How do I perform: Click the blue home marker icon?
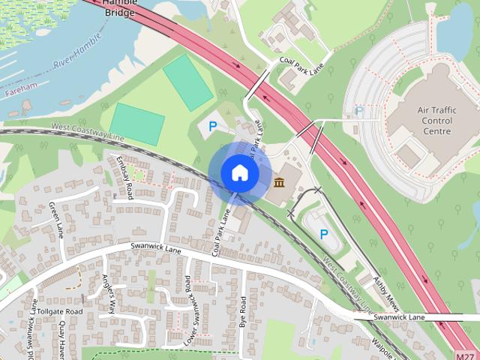[x=239, y=172]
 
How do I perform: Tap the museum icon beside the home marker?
[x=279, y=183]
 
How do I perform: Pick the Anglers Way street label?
[x=109, y=293]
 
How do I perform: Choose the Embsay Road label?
[x=124, y=176]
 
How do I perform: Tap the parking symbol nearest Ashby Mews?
[x=324, y=234]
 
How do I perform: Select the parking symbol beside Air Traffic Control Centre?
[x=358, y=112]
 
